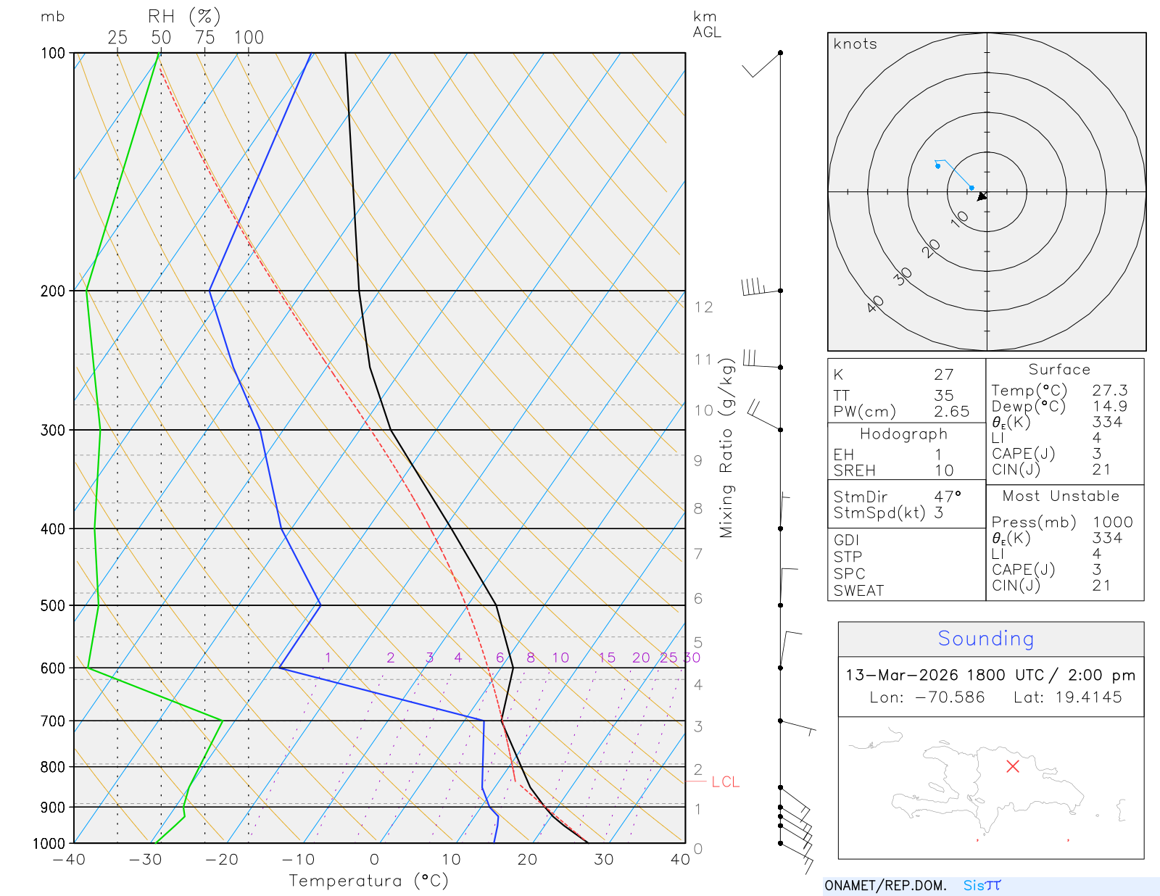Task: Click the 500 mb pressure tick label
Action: [x=52, y=605]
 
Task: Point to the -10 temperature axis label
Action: [x=297, y=860]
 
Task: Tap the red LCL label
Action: [x=725, y=782]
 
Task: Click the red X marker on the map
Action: [x=1013, y=766]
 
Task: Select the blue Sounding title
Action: [x=985, y=639]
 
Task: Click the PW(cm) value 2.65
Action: [x=951, y=412]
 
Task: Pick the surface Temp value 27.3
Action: [x=1109, y=391]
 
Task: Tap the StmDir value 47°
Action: [x=947, y=497]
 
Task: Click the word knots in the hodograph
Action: [x=855, y=44]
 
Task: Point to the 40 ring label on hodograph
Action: [x=875, y=304]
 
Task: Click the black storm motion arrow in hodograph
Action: [x=982, y=196]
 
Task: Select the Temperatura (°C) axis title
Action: [x=368, y=881]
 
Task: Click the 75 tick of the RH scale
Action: [x=205, y=38]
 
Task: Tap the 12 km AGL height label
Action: [x=703, y=307]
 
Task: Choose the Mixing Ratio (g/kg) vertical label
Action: [x=726, y=449]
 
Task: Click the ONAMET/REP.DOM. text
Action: [x=885, y=885]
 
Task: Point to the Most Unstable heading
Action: [x=1061, y=497]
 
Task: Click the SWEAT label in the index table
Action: [x=858, y=591]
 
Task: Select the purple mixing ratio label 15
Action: [x=607, y=658]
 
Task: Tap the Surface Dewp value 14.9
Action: [x=1109, y=407]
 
